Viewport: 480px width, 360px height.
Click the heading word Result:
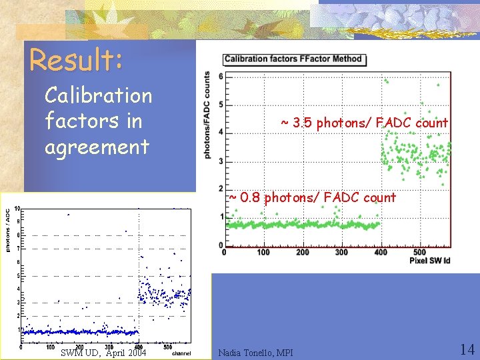coord(76,61)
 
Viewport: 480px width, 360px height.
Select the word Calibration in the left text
coord(98,96)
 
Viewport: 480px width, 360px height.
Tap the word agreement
coord(97,147)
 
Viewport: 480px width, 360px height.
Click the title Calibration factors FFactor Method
coord(293,59)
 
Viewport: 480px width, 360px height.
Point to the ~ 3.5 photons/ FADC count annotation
coord(364,123)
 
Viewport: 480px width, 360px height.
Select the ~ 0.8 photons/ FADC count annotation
coord(312,197)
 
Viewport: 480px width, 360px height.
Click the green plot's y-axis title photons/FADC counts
coord(207,115)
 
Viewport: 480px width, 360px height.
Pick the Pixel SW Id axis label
coord(429,260)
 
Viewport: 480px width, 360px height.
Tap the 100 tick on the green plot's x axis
coord(263,252)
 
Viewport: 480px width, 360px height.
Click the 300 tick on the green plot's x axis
coord(341,252)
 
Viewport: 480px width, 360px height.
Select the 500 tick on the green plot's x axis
coord(419,252)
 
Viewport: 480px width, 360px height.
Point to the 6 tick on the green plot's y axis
coord(221,77)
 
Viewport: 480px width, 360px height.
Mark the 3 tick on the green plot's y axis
coord(221,161)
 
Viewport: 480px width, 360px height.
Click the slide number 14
coord(466,349)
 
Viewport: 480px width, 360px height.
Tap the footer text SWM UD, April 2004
coord(103,352)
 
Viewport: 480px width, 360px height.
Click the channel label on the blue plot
coord(181,353)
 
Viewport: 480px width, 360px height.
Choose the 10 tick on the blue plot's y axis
coord(17,207)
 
